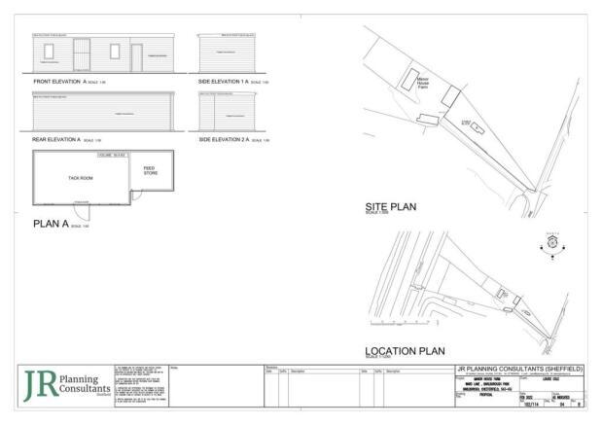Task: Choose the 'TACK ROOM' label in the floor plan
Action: click(81, 179)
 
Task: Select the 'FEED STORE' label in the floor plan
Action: click(149, 170)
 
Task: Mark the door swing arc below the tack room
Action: click(86, 211)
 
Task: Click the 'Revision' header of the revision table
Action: click(271, 367)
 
